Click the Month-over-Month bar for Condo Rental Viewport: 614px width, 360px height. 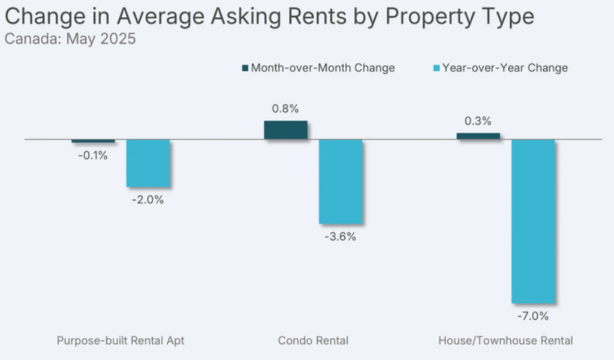285,130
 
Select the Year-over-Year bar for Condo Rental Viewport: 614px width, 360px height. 341,181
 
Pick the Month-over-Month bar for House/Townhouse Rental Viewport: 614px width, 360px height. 478,136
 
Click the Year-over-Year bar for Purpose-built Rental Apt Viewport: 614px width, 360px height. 148,163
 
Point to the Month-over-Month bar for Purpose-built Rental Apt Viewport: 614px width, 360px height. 93,141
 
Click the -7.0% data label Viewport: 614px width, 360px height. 533,316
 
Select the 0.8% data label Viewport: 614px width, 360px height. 285,109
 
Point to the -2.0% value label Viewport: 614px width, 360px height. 148,200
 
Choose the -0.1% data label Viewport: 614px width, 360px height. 92,155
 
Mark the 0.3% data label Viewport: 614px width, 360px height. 478,121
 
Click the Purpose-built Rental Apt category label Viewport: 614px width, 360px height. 121,341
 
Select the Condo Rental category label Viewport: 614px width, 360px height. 313,341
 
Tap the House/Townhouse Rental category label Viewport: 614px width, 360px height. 505,341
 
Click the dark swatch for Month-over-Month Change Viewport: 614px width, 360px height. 245,68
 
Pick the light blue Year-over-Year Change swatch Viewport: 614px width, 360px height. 436,68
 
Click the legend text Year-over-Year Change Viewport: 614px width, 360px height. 505,68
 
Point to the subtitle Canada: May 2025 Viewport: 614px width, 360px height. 70,40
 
